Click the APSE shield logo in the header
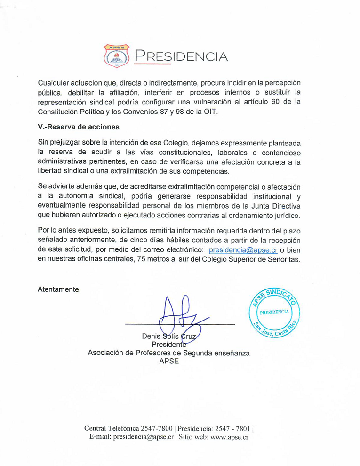(116, 56)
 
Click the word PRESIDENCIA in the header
(181, 56)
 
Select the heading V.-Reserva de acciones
(78, 127)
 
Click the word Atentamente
(59, 289)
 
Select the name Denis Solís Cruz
(168, 336)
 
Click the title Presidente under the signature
(168, 345)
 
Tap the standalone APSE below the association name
(169, 361)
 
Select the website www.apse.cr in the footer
(230, 437)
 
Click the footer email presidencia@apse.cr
(144, 437)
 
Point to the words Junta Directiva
(273, 206)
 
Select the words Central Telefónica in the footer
(112, 428)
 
